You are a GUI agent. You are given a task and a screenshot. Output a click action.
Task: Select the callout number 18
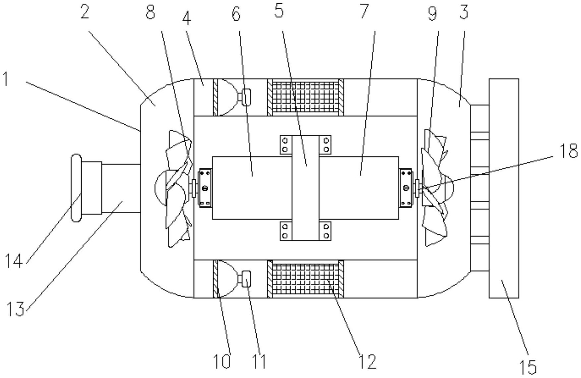[568, 151]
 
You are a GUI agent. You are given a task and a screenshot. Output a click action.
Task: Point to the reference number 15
[528, 367]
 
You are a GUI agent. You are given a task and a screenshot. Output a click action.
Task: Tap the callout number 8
[150, 13]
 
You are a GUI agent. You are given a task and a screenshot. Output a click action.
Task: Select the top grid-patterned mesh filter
[305, 97]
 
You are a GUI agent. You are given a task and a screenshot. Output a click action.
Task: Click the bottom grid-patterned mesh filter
[305, 279]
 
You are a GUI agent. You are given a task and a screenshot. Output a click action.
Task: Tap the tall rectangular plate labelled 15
[504, 188]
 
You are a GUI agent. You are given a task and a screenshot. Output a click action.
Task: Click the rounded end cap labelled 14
[76, 188]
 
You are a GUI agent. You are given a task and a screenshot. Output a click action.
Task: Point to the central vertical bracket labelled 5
[305, 188]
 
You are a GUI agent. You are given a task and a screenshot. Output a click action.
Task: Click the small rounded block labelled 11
[246, 279]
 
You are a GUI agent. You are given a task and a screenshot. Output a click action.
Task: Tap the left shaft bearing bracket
[205, 188]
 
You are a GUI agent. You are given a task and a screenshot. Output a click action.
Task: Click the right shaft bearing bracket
[406, 188]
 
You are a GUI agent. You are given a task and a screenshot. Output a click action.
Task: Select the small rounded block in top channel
[246, 97]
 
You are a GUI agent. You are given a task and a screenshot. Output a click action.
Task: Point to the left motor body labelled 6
[252, 188]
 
